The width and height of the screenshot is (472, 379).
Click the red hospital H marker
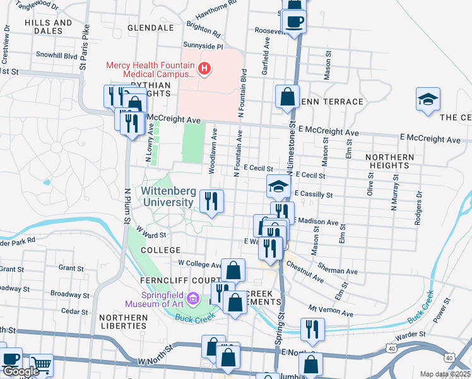pyautogui.click(x=205, y=69)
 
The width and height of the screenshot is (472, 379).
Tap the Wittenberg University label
pyautogui.click(x=167, y=196)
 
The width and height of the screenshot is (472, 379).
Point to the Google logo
pyautogui.click(x=20, y=371)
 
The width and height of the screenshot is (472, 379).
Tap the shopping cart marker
pyautogui.click(x=41, y=364)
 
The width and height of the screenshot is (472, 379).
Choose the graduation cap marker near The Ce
pyautogui.click(x=428, y=99)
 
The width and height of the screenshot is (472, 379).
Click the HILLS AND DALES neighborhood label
pyautogui.click(x=49, y=27)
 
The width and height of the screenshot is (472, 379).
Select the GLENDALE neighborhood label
pyautogui.click(x=150, y=28)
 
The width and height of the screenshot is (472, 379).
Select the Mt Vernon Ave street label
pyautogui.click(x=330, y=311)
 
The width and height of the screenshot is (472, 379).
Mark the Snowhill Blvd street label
pyautogui.click(x=56, y=56)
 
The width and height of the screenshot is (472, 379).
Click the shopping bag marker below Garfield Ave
pyautogui.click(x=287, y=98)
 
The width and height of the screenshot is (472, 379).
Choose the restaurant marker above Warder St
pyautogui.click(x=312, y=329)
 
